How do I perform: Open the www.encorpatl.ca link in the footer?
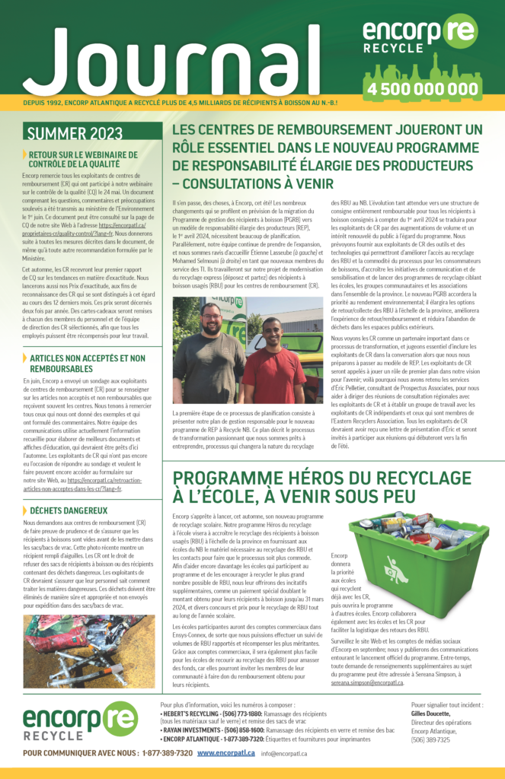pyautogui.click(x=225, y=753)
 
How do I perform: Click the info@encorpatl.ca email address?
pyautogui.click(x=284, y=754)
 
